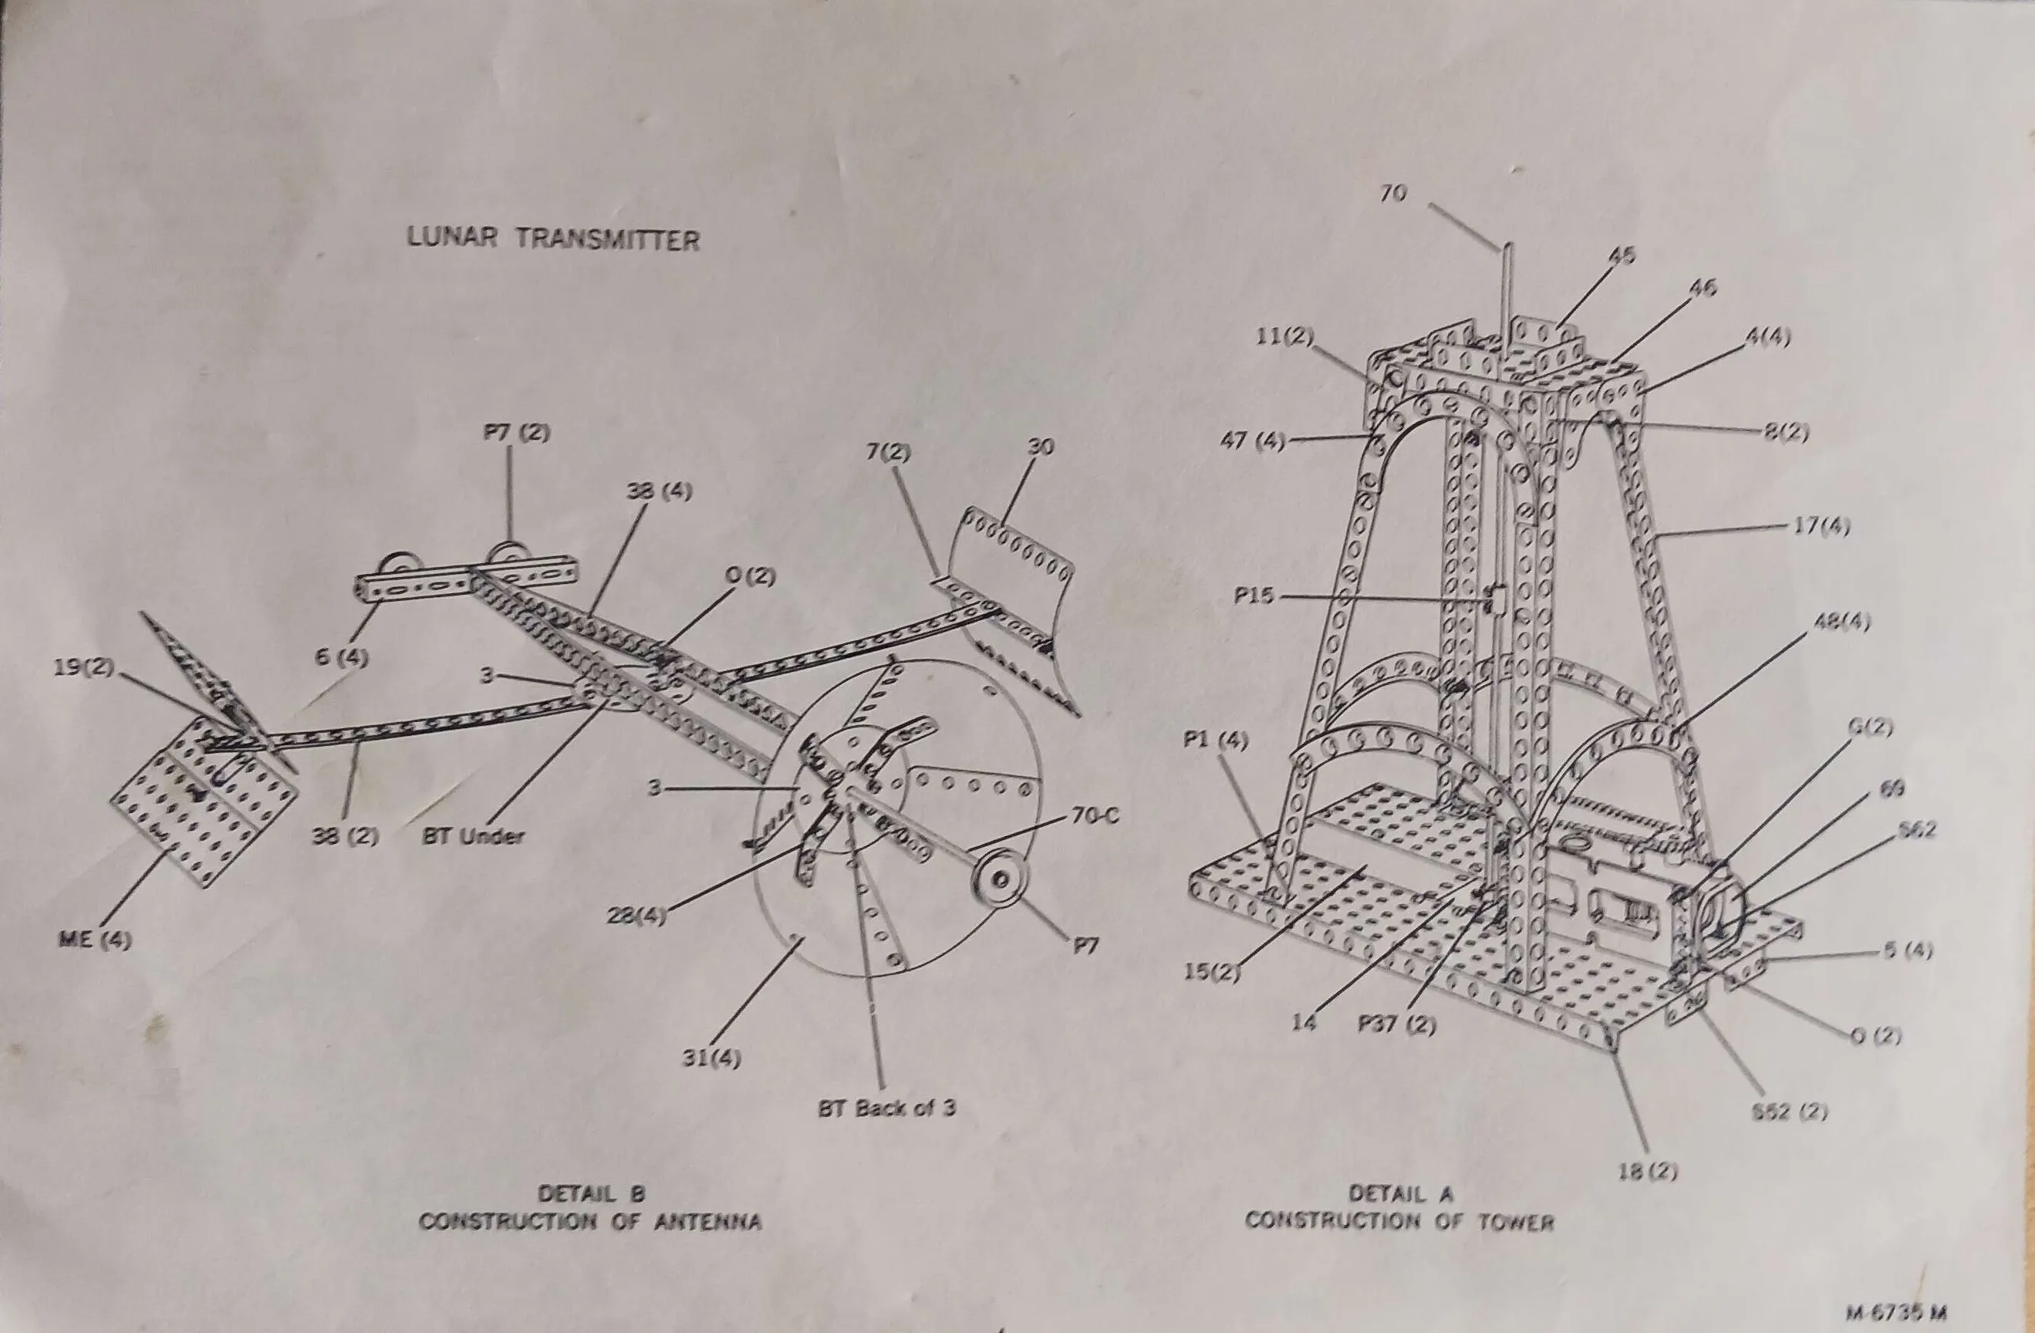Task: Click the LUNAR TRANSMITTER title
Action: pyautogui.click(x=553, y=238)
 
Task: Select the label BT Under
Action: pyautogui.click(x=473, y=835)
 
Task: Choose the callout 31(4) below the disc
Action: pyautogui.click(x=711, y=1058)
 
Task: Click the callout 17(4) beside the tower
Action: pyautogui.click(x=1821, y=527)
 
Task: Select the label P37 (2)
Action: pyautogui.click(x=1396, y=1024)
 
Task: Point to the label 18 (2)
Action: pyautogui.click(x=1649, y=1172)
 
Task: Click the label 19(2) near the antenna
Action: pyautogui.click(x=83, y=669)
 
